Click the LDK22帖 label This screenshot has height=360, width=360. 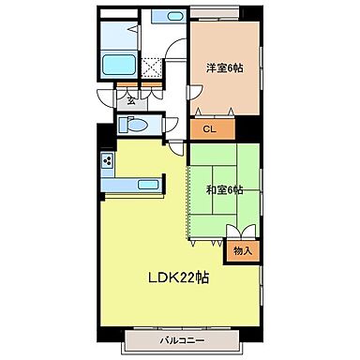pos(178,277)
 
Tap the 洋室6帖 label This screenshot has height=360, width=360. pos(224,67)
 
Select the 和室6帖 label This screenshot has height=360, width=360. pos(224,189)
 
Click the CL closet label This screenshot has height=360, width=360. pos(209,128)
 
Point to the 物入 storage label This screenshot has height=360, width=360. pos(243,250)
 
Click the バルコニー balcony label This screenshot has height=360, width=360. pos(182,340)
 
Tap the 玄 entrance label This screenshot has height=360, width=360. pos(131,101)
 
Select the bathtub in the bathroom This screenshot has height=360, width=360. pos(119,65)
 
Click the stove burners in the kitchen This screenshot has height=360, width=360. pos(108,160)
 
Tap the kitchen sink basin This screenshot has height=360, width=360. pos(148,185)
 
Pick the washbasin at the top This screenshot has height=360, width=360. pos(174,16)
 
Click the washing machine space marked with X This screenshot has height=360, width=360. pos(151,68)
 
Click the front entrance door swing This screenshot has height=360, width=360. pos(105,98)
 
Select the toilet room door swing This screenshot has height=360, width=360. pos(171,125)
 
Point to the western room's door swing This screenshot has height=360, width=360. pos(194,93)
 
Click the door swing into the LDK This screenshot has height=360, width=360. pos(176,148)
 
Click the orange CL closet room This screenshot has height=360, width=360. pos(213,129)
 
